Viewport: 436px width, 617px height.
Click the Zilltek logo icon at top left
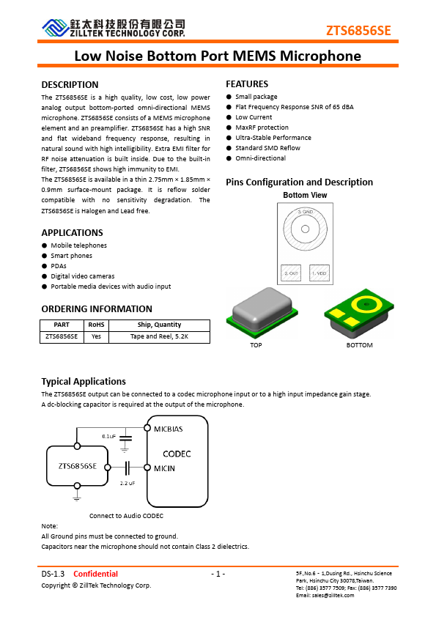tap(53, 28)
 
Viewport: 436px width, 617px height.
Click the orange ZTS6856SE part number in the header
tap(358, 30)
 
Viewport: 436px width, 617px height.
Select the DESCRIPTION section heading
tap(70, 85)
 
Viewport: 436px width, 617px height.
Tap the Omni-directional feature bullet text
tap(260, 158)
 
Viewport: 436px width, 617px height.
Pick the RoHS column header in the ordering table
tap(96, 325)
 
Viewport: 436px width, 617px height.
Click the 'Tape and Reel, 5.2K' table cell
tap(159, 336)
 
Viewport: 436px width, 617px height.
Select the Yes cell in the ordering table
tap(96, 336)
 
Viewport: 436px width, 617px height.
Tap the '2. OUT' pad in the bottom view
tap(292, 273)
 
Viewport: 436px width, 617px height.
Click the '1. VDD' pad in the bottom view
tap(319, 273)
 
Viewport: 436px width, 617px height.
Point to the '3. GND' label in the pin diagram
tap(305, 212)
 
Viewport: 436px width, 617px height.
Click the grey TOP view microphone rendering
tap(256, 314)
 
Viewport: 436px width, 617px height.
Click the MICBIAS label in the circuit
tap(168, 429)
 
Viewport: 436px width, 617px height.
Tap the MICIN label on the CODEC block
tap(164, 468)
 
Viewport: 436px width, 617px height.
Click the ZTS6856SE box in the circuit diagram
tap(77, 466)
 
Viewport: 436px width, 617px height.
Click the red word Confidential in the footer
tap(95, 574)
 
